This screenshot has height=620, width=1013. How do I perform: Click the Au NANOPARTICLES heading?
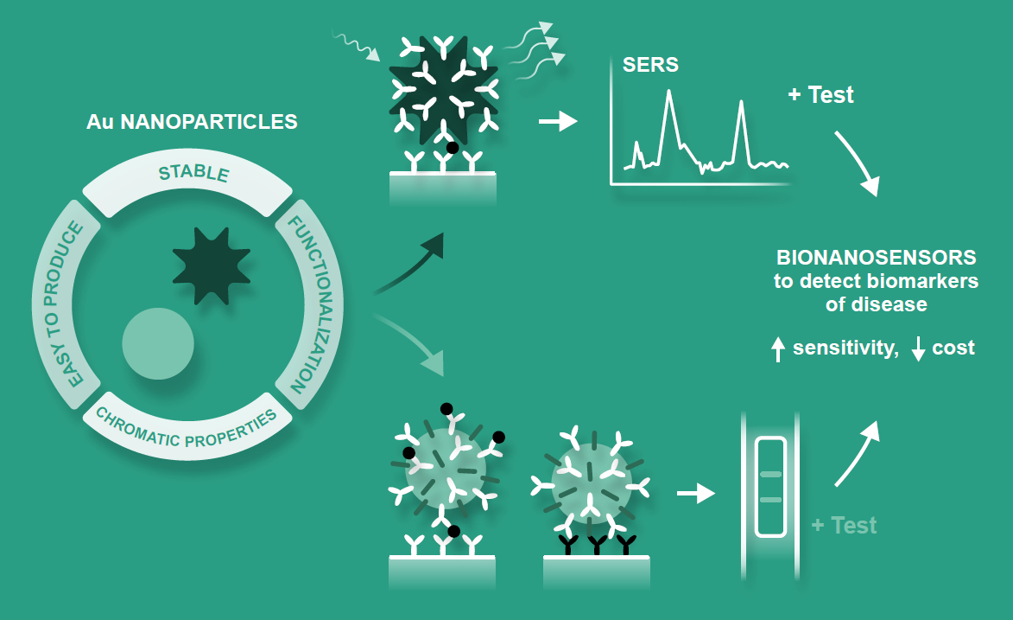point(192,122)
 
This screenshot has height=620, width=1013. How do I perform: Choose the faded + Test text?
point(844,525)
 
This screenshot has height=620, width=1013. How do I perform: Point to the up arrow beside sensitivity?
point(777,348)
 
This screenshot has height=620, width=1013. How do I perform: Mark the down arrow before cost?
point(918,348)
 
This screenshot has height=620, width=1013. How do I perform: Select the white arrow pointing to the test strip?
point(696,494)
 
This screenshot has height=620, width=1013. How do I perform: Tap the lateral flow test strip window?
point(770,487)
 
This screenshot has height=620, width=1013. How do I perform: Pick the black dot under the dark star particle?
point(451,148)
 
